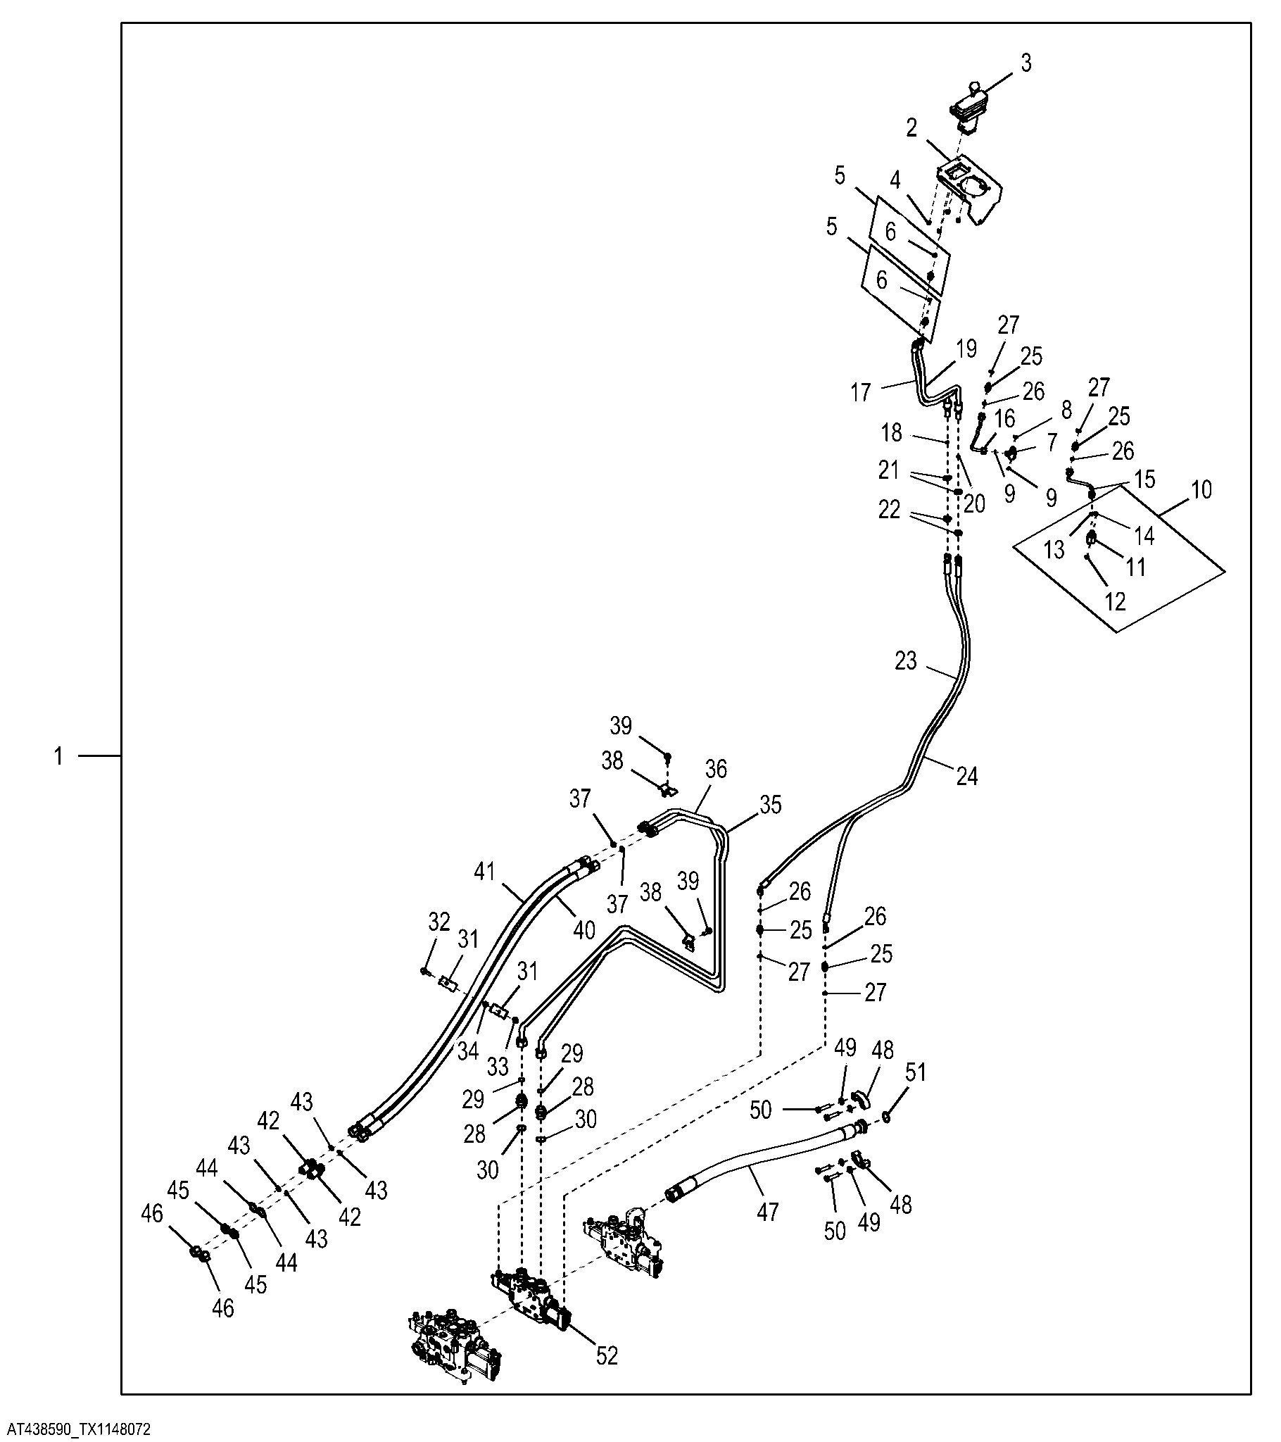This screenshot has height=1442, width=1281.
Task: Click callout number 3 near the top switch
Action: [1026, 63]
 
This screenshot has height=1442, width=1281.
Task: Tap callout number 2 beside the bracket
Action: [912, 128]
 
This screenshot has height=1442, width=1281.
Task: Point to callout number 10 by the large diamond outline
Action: [1201, 489]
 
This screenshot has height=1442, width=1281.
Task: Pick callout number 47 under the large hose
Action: [767, 1212]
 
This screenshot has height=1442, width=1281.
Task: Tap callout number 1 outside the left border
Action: [59, 757]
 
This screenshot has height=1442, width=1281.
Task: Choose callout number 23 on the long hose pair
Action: [906, 661]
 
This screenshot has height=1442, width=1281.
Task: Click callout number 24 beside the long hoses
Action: [967, 776]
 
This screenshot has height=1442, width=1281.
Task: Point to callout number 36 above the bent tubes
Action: [716, 768]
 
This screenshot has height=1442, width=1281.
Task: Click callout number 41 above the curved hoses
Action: [485, 872]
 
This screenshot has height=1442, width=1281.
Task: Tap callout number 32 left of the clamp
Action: [438, 922]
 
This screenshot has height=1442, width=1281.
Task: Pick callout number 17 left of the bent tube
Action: [861, 393]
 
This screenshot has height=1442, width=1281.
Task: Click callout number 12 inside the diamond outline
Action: [1115, 601]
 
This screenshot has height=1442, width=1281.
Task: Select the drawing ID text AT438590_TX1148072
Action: [75, 1429]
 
